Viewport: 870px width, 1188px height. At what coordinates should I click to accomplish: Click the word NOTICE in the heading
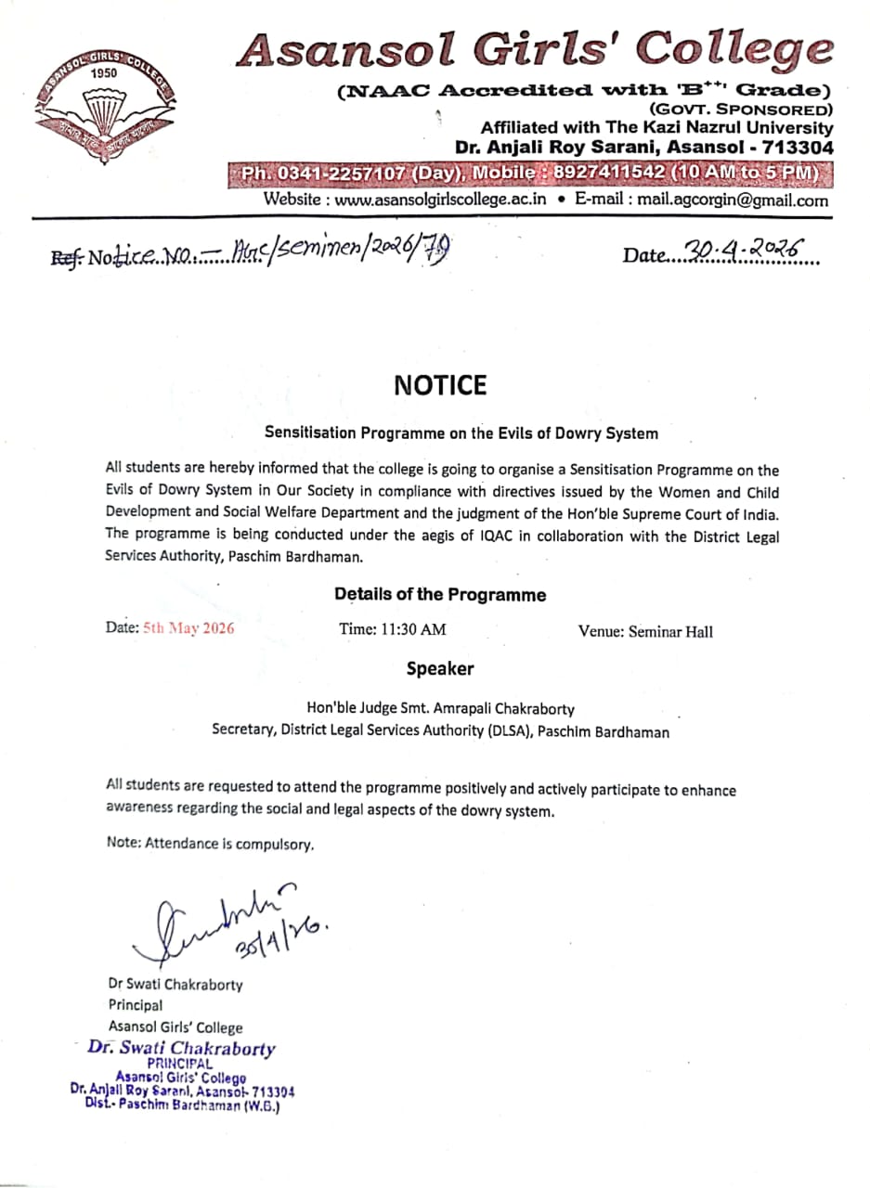coord(440,386)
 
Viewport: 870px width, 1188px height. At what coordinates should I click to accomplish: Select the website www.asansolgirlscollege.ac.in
coord(440,200)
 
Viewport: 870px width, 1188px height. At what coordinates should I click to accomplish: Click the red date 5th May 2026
coord(188,628)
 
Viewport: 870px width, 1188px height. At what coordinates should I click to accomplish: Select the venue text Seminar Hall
coord(671,631)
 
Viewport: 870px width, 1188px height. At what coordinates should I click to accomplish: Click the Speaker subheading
coord(440,669)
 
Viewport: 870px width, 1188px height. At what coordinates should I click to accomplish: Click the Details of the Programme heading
coord(440,595)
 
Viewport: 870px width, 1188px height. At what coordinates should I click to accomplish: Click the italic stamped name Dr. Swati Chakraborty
coord(182,1049)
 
